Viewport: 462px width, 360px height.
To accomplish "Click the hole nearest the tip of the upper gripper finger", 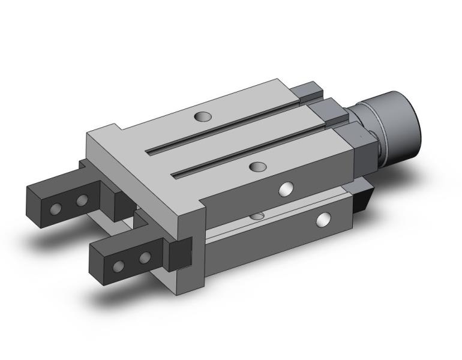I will tap(56, 208).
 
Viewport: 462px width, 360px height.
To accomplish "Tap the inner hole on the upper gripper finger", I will tap(82, 199).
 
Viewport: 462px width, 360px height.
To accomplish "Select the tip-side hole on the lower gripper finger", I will tap(119, 266).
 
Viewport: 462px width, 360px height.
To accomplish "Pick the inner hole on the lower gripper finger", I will tap(145, 258).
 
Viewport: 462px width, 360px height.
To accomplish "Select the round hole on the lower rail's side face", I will tap(323, 220).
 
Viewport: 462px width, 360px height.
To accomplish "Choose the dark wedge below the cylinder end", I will tap(363, 198).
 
